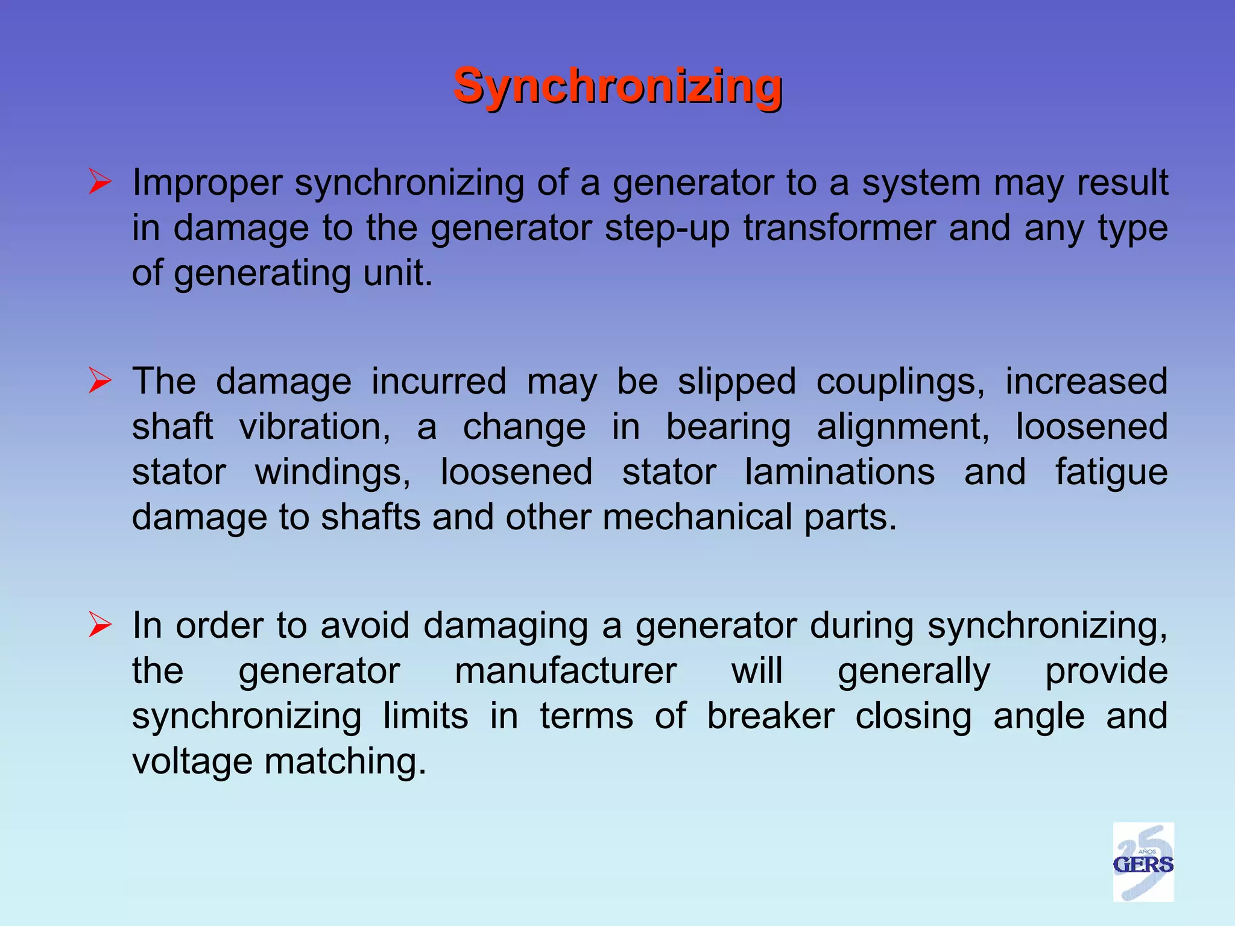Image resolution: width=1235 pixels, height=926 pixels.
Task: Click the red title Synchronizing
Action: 617,86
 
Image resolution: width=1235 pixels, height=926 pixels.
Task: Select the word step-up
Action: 667,228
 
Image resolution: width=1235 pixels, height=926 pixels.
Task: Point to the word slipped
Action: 736,382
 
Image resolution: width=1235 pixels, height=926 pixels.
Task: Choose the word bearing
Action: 728,428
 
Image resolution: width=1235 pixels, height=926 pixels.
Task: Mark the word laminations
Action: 840,471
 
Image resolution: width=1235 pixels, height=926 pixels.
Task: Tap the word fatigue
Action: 1111,473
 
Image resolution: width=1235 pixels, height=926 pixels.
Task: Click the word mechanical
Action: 696,517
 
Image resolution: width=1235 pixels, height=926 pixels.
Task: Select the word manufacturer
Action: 566,671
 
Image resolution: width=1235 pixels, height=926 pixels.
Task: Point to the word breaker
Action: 771,716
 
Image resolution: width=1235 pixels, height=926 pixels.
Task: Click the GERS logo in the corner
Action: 1143,861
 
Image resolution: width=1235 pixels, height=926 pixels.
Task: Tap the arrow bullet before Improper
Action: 99,182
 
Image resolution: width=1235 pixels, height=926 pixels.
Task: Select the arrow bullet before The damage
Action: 99,381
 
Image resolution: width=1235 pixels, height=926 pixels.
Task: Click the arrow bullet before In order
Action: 99,625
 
